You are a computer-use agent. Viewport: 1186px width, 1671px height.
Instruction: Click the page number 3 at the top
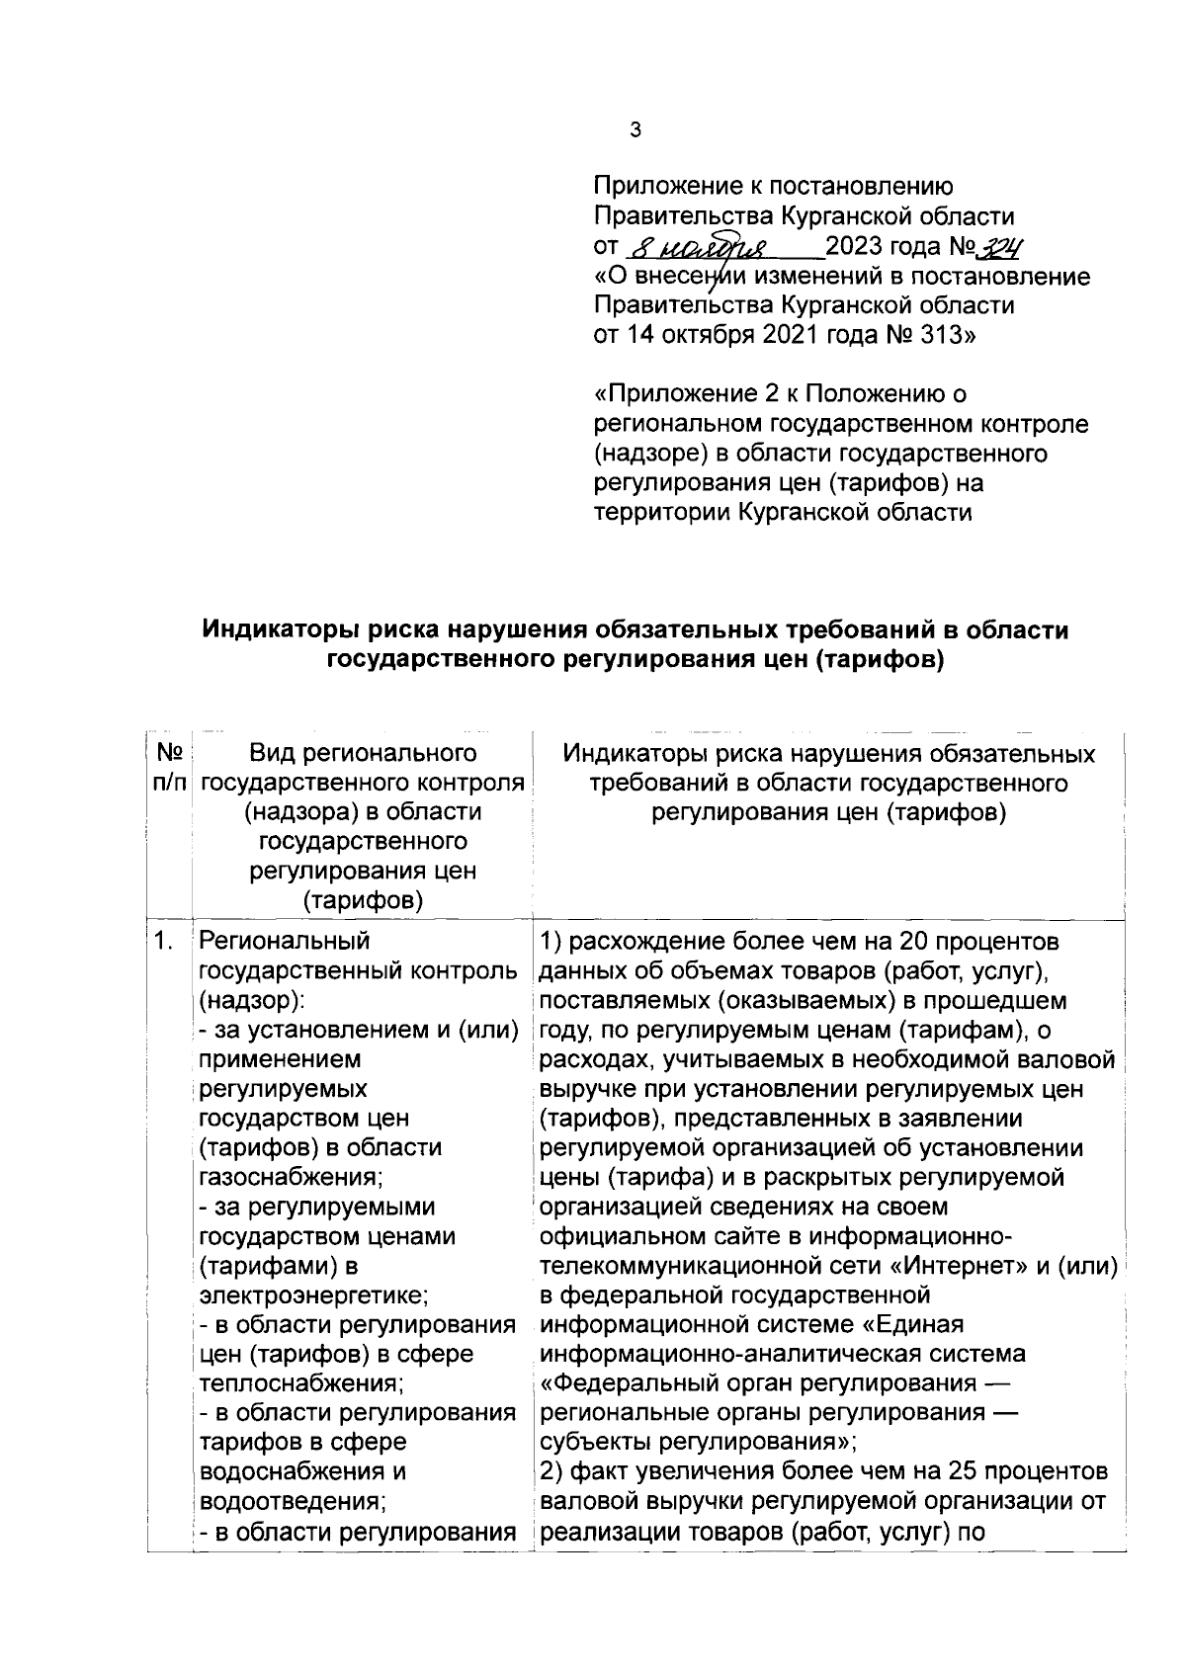pyautogui.click(x=635, y=129)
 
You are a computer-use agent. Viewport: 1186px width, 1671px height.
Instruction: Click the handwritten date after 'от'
pyautogui.click(x=702, y=247)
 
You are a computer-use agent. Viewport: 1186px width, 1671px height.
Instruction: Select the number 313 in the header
pyautogui.click(x=944, y=335)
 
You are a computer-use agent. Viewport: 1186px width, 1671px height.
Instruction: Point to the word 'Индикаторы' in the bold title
pyautogui.click(x=279, y=629)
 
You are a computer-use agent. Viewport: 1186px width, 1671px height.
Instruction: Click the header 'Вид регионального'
pyautogui.click(x=362, y=754)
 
